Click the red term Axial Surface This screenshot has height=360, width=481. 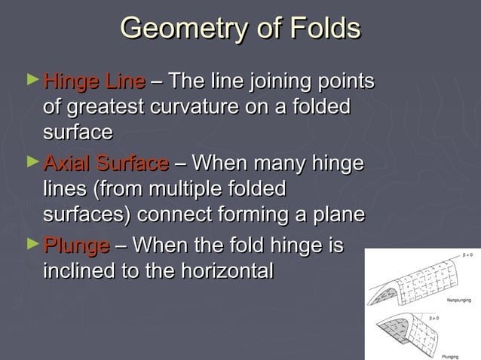point(106,163)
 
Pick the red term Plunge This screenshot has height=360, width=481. point(76,246)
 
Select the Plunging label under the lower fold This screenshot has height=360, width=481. point(450,356)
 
